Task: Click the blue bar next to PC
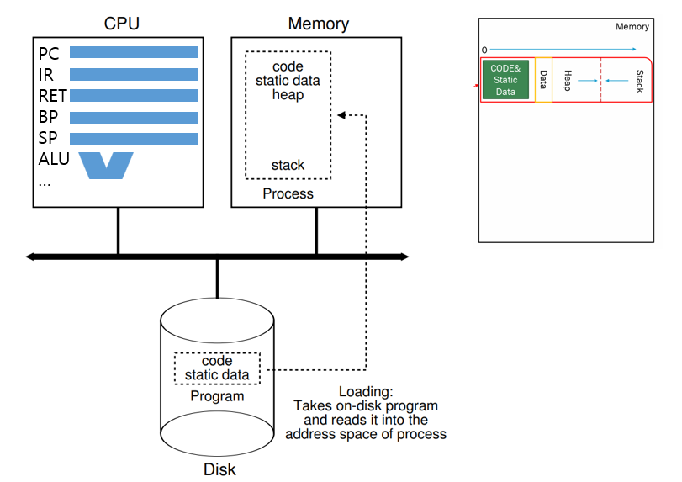click(x=134, y=53)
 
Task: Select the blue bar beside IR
click(x=134, y=74)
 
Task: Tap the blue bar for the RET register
click(x=134, y=96)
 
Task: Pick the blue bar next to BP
click(x=134, y=117)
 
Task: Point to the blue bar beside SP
click(x=134, y=138)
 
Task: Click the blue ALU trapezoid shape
click(x=106, y=165)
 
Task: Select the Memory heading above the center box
click(x=317, y=23)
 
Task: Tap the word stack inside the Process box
click(x=288, y=165)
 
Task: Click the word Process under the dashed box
click(x=288, y=194)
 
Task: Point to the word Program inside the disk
click(x=217, y=396)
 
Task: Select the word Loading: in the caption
click(x=366, y=392)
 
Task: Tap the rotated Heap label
click(x=568, y=80)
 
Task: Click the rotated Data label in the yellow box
click(x=543, y=80)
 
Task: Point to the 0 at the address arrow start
click(x=484, y=50)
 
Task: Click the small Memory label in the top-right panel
click(x=632, y=27)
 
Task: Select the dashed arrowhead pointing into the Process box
click(x=339, y=115)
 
